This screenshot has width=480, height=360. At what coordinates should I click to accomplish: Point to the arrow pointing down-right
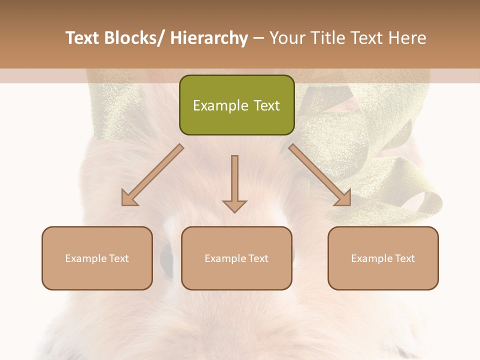pos(320,175)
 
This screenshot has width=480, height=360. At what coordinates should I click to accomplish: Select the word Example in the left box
pos(86,258)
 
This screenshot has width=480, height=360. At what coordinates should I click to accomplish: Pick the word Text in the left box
pos(119,258)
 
